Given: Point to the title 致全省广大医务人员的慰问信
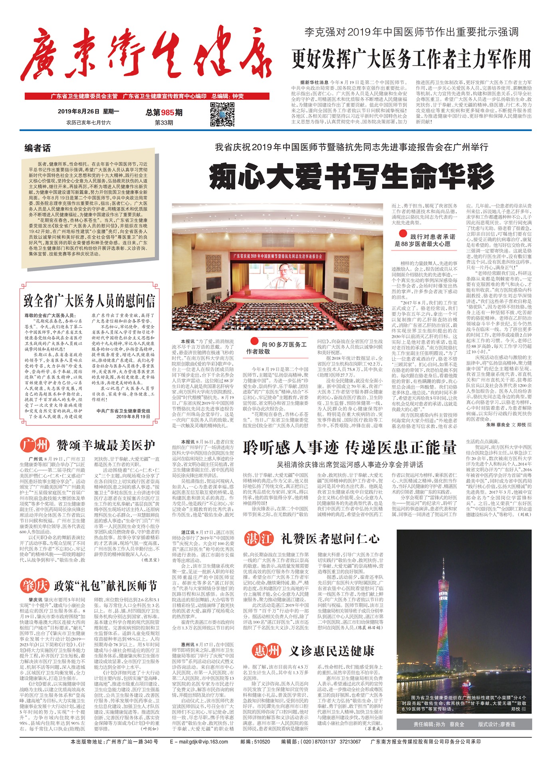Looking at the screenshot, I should pyautogui.click(x=89, y=301).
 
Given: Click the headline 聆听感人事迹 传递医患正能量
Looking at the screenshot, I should pyautogui.click(x=349, y=448).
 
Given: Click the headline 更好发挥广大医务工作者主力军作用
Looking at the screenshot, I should pyautogui.click(x=411, y=59).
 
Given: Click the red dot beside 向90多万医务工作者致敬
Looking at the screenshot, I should pyautogui.click(x=254, y=342).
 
